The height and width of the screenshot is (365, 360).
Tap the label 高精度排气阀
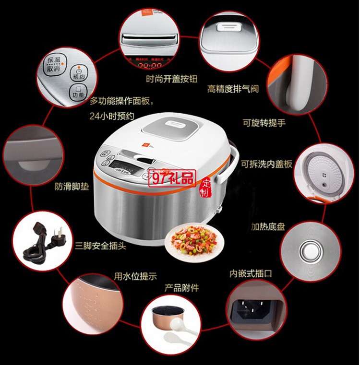[233, 89]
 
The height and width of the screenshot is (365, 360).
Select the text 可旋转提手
[264, 123]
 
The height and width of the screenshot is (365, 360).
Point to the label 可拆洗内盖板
[266, 163]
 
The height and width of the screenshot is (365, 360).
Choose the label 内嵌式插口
[251, 273]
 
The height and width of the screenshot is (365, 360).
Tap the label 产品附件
[181, 288]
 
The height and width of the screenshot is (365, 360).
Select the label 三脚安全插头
[100, 246]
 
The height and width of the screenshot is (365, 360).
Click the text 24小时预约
[111, 116]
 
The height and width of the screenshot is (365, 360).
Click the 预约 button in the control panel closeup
[77, 72]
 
